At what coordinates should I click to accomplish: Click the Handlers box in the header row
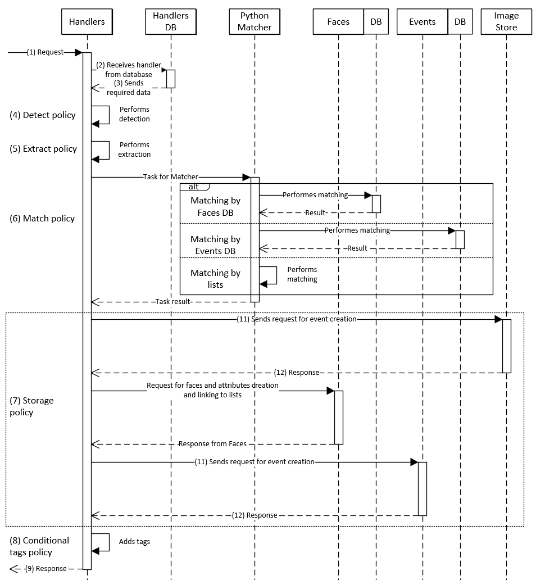[87, 22]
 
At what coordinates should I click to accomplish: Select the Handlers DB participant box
[171, 22]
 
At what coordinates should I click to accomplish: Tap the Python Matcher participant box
[255, 22]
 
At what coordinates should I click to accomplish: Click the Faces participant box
[338, 22]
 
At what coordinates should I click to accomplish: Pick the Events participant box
[422, 22]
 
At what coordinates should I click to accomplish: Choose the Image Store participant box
[506, 22]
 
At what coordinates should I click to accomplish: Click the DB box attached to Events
[460, 22]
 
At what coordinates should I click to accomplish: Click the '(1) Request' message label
[46, 52]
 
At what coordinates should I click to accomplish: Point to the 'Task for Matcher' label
[171, 177]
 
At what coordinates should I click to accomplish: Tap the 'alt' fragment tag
[194, 187]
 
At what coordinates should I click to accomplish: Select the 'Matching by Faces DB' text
[215, 206]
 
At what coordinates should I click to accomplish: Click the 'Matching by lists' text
[215, 279]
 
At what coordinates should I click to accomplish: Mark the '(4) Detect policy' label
[43, 115]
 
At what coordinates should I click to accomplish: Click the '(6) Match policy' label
[43, 219]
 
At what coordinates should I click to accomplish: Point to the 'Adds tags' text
[134, 542]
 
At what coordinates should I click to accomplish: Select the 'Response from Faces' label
[212, 444]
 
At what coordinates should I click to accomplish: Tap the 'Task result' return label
[174, 302]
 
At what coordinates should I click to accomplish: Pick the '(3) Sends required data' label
[129, 88]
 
